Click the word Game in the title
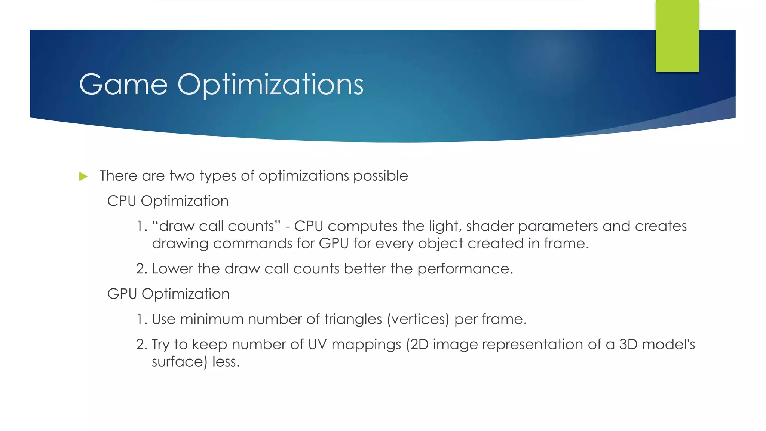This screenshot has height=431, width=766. (x=123, y=85)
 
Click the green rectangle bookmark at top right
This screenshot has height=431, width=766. (x=677, y=36)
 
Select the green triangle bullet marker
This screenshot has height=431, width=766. (x=83, y=177)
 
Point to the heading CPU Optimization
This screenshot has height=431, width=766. (x=168, y=201)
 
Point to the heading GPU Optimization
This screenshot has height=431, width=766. (x=168, y=294)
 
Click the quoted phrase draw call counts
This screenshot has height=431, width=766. (x=217, y=226)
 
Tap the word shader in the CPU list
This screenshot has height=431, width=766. (x=490, y=226)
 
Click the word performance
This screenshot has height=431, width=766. (x=465, y=269)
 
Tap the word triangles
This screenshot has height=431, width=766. (x=353, y=319)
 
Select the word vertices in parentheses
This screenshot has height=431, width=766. (x=418, y=319)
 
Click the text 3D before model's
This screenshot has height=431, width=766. (x=628, y=345)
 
